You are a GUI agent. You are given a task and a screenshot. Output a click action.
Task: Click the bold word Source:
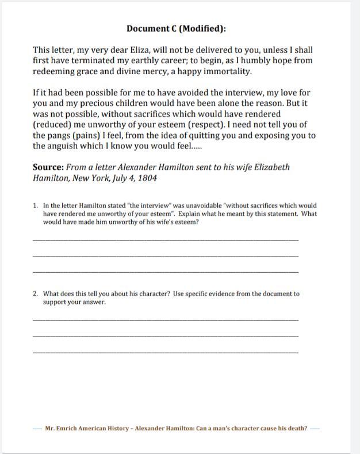click(x=48, y=167)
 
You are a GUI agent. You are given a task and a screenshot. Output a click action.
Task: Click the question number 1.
click(x=35, y=205)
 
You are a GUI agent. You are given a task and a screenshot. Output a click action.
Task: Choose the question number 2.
click(x=35, y=293)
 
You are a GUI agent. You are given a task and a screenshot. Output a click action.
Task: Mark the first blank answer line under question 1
click(x=166, y=239)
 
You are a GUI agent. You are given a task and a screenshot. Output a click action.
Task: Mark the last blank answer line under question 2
click(x=166, y=352)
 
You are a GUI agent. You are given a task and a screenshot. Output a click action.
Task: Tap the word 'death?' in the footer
click(x=296, y=428)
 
